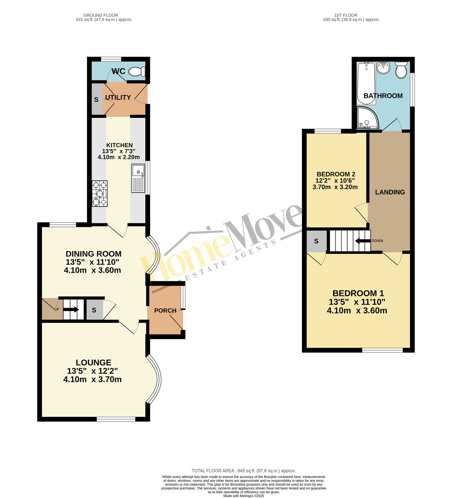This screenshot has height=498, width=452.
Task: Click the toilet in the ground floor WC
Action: (137, 72)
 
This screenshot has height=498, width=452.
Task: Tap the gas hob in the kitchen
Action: (100, 194)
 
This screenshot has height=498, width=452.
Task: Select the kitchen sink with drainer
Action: (138, 179)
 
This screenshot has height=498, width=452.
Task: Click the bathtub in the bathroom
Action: (366, 83)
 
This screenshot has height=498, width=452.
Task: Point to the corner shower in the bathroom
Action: (367, 117)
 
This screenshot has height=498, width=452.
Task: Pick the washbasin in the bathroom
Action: (383, 68)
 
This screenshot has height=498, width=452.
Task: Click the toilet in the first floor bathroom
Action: (401, 70)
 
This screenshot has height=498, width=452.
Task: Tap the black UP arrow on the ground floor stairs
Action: (71, 310)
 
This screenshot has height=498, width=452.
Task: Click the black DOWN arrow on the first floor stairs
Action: (363, 241)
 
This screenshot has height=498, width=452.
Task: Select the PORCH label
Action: (165, 311)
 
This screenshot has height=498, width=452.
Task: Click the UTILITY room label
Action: (118, 97)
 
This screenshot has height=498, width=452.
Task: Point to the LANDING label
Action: (390, 192)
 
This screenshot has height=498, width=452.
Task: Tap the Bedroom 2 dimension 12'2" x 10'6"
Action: (335, 181)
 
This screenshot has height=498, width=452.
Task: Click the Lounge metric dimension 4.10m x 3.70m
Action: (92, 379)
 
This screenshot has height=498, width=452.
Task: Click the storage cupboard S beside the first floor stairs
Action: (316, 241)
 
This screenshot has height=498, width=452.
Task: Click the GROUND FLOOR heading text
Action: (101, 15)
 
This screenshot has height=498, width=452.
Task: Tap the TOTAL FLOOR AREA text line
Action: (244, 471)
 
